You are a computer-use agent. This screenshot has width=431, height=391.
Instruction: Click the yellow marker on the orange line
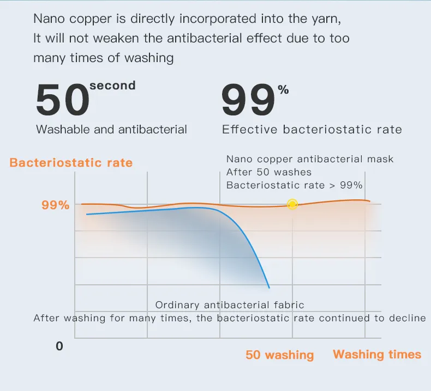(292, 204)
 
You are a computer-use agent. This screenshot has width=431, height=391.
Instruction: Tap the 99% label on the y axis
(55, 205)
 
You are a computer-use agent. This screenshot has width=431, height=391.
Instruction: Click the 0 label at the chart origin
(59, 346)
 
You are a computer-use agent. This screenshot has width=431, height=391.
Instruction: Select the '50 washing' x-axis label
(279, 355)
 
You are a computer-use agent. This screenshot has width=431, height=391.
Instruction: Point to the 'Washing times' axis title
(377, 354)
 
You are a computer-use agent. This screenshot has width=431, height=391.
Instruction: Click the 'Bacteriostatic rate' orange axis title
(71, 163)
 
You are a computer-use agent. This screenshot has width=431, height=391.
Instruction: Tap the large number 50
(62, 100)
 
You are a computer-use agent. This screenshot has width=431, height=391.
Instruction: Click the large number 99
(248, 100)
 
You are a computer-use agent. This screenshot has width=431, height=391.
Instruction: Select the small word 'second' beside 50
(113, 85)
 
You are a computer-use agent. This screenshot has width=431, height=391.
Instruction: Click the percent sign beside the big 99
(283, 90)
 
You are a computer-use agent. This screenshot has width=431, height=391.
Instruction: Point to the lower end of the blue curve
(269, 288)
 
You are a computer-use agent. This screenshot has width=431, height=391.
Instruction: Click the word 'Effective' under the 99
(249, 130)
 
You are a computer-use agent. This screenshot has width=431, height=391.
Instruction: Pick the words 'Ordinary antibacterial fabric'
(230, 305)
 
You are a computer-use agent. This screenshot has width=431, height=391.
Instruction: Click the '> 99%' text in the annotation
(346, 185)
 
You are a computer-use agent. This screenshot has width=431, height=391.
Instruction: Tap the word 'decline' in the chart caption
(408, 318)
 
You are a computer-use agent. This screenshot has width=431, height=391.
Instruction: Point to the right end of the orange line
(370, 201)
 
